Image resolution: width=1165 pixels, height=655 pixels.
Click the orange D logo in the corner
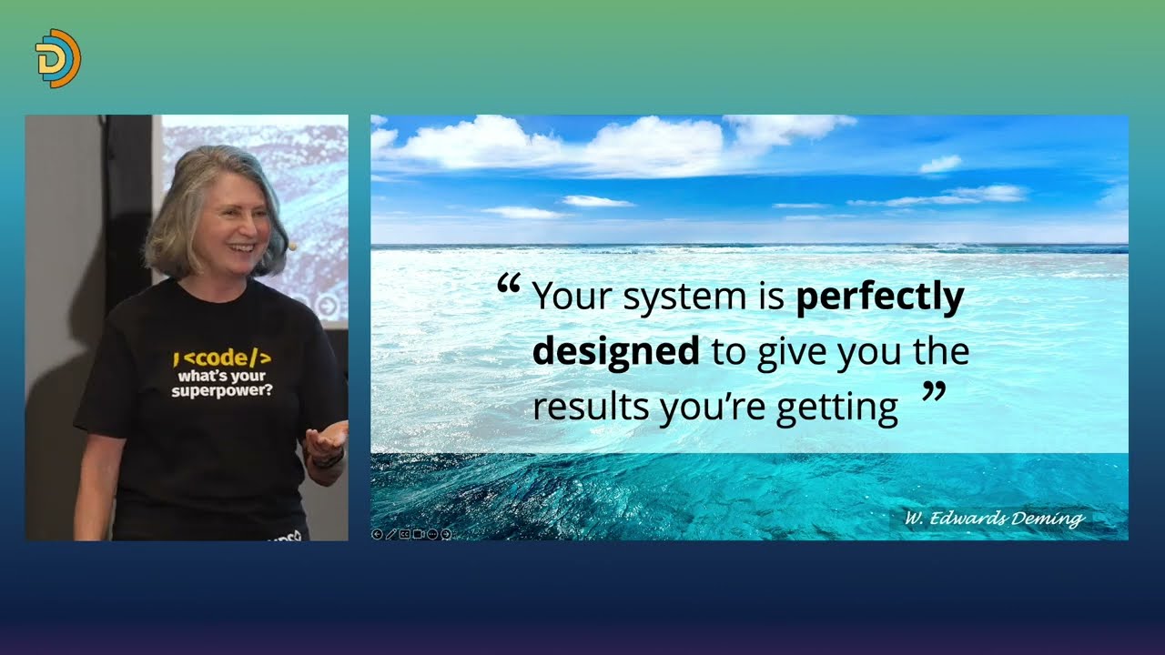(x=57, y=58)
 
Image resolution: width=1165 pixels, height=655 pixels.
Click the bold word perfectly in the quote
(x=880, y=297)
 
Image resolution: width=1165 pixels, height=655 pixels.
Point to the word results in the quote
(x=591, y=407)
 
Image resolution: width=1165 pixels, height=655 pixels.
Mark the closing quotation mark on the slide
(x=934, y=391)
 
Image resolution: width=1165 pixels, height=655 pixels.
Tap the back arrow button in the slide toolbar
(x=377, y=534)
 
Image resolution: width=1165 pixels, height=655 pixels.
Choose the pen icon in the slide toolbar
(x=391, y=534)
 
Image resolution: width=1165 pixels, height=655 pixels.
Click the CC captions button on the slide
(x=405, y=534)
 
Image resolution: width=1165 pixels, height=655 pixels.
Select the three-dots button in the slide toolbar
(x=432, y=534)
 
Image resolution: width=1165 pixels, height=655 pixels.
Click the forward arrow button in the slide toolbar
(x=446, y=534)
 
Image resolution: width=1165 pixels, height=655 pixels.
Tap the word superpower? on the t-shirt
(x=221, y=390)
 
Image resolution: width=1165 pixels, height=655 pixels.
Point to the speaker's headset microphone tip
(x=292, y=247)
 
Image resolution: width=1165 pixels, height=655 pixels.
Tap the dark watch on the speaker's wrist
(x=328, y=460)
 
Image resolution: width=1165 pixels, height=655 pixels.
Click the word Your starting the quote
(x=573, y=297)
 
